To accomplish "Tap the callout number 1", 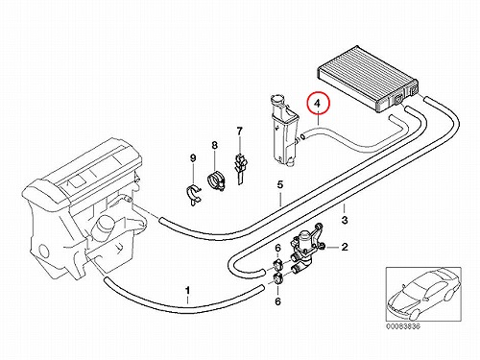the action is pyautogui.click(x=188, y=291).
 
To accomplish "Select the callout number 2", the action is pyautogui.click(x=345, y=247).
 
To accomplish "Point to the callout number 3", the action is pyautogui.click(x=345, y=220).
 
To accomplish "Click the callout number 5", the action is pyautogui.click(x=280, y=184).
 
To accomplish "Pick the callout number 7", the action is pyautogui.click(x=239, y=131).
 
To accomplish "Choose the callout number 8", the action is pyautogui.click(x=214, y=145).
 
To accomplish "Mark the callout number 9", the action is pyautogui.click(x=193, y=157).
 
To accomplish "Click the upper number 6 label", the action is pyautogui.click(x=277, y=248).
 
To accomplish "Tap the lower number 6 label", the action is pyautogui.click(x=277, y=301).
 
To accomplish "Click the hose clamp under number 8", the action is pyautogui.click(x=216, y=180).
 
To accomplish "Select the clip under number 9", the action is pyautogui.click(x=194, y=195).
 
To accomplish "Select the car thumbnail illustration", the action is pyautogui.click(x=423, y=294).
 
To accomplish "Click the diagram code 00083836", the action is pyautogui.click(x=403, y=326).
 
